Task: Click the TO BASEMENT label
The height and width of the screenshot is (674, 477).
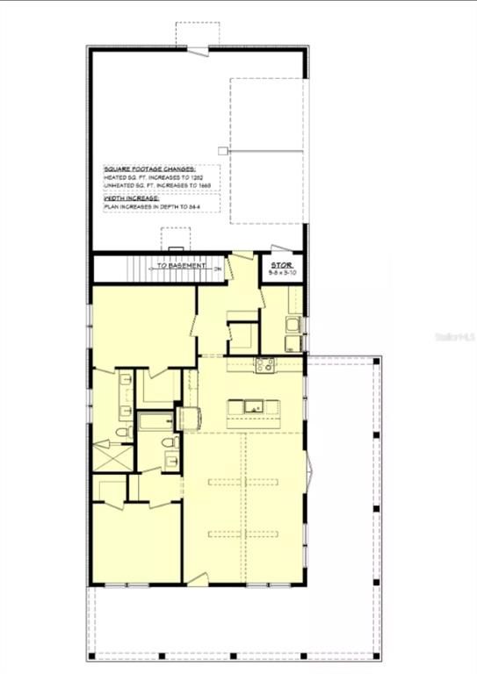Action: tap(182, 265)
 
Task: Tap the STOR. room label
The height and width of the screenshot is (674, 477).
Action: tap(282, 263)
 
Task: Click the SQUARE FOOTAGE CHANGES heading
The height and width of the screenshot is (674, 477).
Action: tap(149, 168)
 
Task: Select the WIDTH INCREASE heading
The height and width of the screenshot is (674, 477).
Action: tap(131, 199)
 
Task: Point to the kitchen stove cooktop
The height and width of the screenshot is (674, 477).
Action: tap(264, 364)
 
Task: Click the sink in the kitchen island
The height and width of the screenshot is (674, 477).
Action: tap(253, 406)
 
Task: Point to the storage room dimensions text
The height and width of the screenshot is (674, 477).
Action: tap(282, 273)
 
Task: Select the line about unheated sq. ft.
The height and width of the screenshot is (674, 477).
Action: tap(157, 186)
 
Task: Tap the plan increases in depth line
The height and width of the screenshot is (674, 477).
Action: tap(151, 208)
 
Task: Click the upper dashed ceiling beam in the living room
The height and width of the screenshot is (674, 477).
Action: tap(243, 481)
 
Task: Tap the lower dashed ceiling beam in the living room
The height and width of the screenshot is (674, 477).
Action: tap(243, 533)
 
